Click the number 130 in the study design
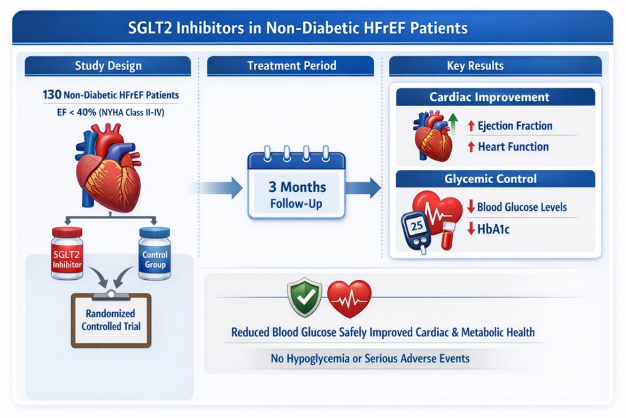pos(52,95)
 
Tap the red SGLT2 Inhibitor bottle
pos(67,253)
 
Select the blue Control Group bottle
pos(155,253)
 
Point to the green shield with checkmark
pos(305,297)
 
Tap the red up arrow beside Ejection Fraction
pos(471,126)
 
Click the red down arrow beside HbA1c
pos(471,229)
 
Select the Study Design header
pos(108,66)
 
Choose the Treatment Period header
pos(290,66)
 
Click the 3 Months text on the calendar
pos(297,187)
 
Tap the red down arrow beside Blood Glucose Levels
pos(471,206)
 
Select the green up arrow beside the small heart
pos(453,123)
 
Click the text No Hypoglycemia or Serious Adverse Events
pos(370,358)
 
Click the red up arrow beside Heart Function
pos(471,147)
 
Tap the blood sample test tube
pos(448,236)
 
